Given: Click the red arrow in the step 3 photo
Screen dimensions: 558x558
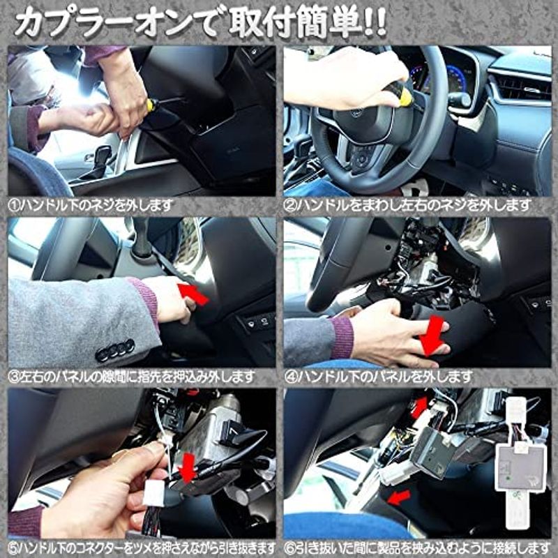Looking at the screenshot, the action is [x=193, y=294].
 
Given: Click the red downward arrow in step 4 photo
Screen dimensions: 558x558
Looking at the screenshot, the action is [x=432, y=335].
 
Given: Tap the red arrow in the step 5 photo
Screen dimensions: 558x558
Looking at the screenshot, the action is [x=188, y=467].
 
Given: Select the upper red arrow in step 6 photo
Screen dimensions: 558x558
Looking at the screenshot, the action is [x=419, y=408].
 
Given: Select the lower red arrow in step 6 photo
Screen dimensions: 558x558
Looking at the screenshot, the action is [x=398, y=497].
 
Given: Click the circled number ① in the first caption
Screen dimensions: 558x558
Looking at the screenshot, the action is [x=14, y=206].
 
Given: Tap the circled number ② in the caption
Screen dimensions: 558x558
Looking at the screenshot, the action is [x=290, y=206].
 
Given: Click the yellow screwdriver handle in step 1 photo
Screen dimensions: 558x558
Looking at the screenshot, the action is [x=152, y=105].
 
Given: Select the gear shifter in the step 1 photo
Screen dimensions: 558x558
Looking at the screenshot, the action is [x=100, y=160].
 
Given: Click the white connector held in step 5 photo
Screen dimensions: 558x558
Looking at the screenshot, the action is [x=154, y=492].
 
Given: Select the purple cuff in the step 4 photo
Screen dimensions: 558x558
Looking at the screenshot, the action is [x=341, y=338].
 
